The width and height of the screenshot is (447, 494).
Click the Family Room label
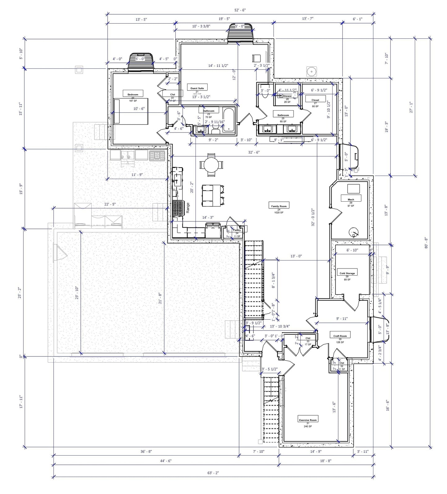click(x=279, y=206)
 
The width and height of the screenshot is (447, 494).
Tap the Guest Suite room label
click(x=197, y=88)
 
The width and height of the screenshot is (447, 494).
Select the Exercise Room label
click(x=307, y=420)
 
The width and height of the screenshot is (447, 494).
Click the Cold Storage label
click(x=347, y=273)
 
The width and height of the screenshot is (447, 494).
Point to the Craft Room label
click(x=340, y=336)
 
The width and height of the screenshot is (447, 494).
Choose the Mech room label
click(x=350, y=199)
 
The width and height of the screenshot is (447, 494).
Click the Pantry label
click(x=237, y=230)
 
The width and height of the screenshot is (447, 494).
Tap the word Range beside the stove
click(x=188, y=207)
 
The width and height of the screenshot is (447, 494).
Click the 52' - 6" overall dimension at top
click(x=240, y=10)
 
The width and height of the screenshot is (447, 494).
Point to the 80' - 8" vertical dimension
click(x=426, y=243)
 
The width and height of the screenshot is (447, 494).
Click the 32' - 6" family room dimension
click(x=254, y=152)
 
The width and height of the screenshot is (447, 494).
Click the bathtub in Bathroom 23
click(x=229, y=120)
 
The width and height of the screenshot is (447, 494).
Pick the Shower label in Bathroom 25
click(x=287, y=96)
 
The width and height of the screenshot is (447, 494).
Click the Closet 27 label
click(x=315, y=100)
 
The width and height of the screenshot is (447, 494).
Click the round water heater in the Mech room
click(x=353, y=232)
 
